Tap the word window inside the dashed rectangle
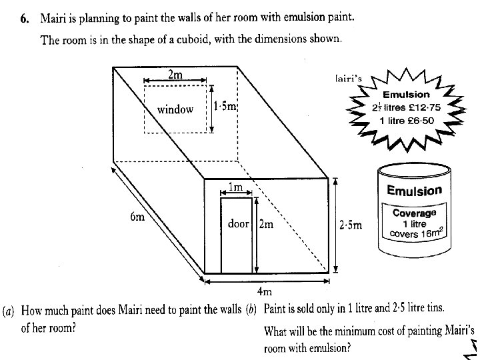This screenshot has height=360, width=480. (x=175, y=109)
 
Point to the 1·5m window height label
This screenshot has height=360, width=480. (x=226, y=107)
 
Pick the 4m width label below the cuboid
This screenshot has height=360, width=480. (x=265, y=291)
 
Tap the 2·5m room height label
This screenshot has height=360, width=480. (x=351, y=225)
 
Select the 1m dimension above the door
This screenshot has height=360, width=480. (x=235, y=186)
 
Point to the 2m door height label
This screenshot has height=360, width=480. (x=265, y=225)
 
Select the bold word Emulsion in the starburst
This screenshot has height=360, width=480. (x=406, y=95)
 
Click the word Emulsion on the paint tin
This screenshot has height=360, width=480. (x=414, y=191)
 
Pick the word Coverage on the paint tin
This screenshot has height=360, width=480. (x=414, y=213)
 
